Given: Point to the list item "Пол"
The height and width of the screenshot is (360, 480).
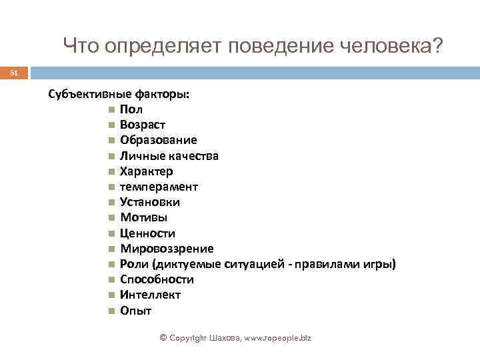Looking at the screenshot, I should coord(131,109).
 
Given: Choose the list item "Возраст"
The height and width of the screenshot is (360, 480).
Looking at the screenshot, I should coord(143,125).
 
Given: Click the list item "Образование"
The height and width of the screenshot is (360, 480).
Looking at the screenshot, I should coord(159,140).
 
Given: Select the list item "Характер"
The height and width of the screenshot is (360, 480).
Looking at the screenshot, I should coord(147,171).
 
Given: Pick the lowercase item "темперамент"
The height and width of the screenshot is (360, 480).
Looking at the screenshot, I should coord(159,187).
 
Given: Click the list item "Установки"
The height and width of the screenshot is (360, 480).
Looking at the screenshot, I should coord(150,202).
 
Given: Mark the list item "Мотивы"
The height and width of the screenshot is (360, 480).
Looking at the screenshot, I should coord(144,217).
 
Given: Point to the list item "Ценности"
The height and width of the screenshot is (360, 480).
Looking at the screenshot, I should coord(148,233).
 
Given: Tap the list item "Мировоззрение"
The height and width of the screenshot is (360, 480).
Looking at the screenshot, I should coord(167,249).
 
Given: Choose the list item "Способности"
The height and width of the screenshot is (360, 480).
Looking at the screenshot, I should coord(157,279).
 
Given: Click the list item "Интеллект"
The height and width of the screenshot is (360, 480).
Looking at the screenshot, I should coord(151,295).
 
